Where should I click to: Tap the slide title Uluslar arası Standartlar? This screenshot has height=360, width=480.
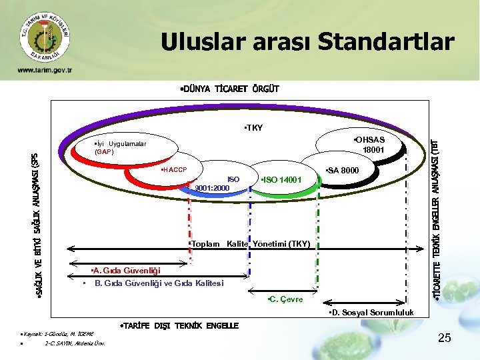[x=307, y=41]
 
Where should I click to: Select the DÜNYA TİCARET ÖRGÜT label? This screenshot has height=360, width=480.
[x=229, y=89]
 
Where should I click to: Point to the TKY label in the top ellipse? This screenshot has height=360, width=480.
[x=253, y=127]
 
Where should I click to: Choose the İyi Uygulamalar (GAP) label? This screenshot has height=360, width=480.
[x=121, y=148]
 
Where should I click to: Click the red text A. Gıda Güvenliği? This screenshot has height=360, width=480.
[x=125, y=271]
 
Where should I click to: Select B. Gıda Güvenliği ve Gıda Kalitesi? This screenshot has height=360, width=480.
[x=159, y=283]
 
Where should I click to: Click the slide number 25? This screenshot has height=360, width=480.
[x=445, y=339]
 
